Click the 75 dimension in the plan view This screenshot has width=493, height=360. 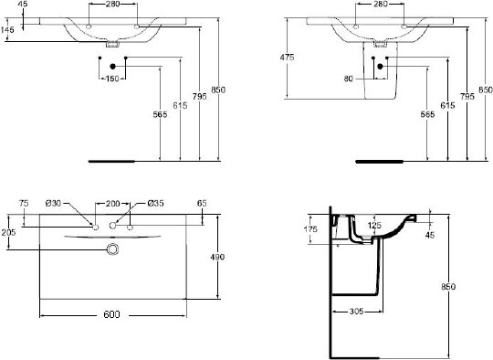click(25, 202)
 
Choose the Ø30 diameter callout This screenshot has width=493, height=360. click(54, 202)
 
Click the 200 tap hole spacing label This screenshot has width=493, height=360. click(113, 202)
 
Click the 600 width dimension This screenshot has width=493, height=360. click(111, 313)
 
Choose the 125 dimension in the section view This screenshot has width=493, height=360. click(375, 224)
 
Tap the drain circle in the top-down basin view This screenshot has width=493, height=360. click(113, 249)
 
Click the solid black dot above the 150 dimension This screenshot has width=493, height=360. click(111, 66)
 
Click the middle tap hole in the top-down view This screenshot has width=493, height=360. click(113, 225)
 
